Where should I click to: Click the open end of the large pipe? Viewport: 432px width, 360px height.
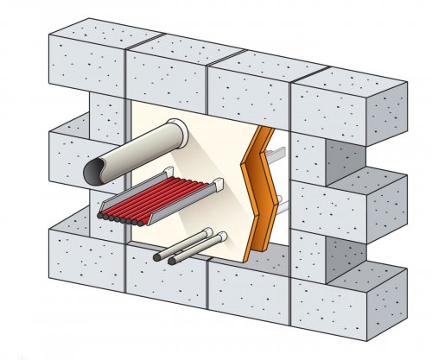click(98, 169)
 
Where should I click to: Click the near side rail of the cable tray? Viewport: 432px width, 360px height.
click(156, 206)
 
